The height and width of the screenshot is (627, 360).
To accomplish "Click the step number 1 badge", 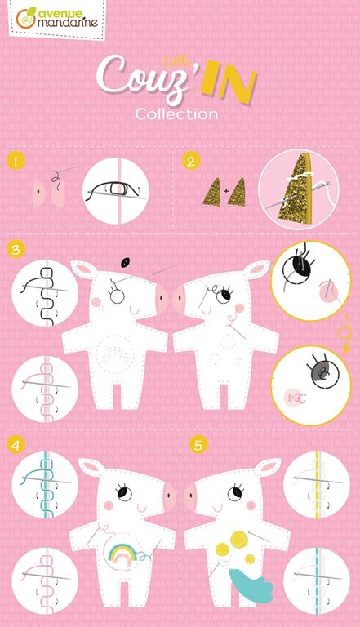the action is point(16,162).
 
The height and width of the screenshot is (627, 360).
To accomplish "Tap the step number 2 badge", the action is point(191,161).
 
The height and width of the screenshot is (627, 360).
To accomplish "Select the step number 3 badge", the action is point(16,249).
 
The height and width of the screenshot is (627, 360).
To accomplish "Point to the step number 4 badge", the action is point(16,445).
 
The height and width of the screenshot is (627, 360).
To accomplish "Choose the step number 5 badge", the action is point(198,445).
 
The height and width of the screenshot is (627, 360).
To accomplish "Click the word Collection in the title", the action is point(177,114).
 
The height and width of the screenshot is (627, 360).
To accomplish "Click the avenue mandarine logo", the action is point(57,19).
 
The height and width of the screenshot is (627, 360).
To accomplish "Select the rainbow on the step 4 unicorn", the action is point(123,554).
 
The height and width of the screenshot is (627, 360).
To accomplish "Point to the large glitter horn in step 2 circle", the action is point(300,189).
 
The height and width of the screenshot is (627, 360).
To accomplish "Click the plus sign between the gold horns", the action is point(226,192).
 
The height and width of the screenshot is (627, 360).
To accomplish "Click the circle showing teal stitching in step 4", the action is point(45,485).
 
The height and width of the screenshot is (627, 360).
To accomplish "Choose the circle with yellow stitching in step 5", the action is point(317,485).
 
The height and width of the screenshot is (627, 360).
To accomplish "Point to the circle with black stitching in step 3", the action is point(45,293).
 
